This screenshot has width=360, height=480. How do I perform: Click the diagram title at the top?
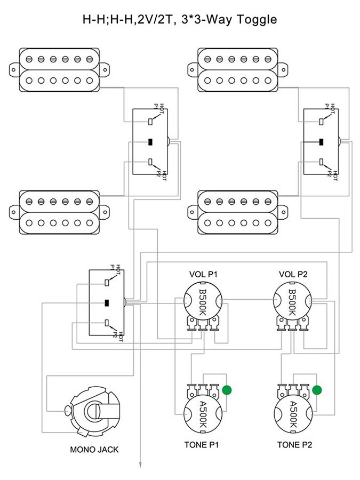coord(179,20)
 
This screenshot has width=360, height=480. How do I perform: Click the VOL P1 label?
coord(203,274)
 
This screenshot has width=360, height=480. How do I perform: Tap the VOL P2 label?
coord(293,274)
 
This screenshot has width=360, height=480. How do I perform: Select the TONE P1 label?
coord(202,444)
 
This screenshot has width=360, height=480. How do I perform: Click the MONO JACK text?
coord(94,449)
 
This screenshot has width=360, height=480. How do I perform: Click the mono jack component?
coord(93,413)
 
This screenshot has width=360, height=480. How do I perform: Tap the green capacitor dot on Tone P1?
coord(228,390)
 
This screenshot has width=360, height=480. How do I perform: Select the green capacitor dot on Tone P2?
coord(317,390)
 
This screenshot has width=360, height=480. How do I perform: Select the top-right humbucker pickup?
coord(239,69)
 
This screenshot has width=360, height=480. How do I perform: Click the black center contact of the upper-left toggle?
coord(150,142)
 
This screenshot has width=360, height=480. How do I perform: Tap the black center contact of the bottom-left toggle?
coord(107,303)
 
